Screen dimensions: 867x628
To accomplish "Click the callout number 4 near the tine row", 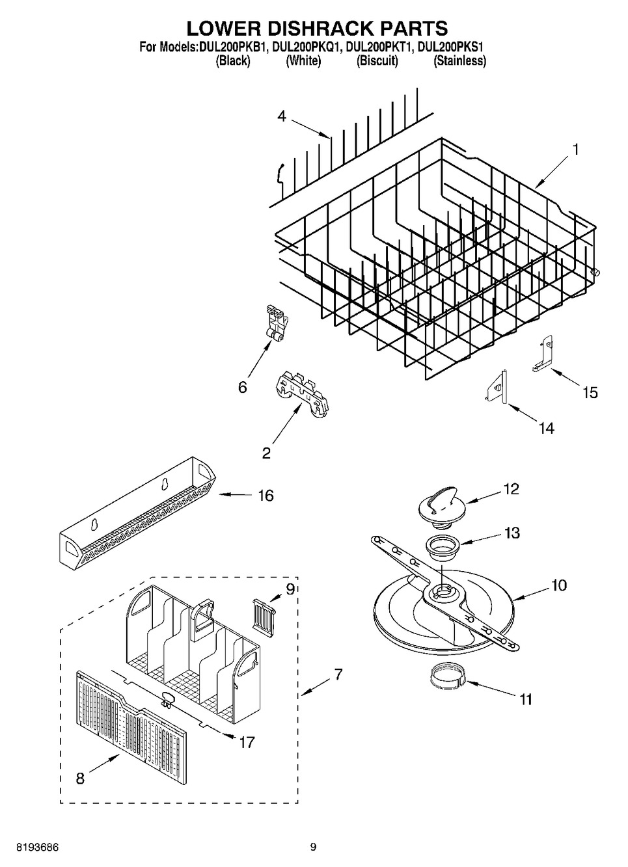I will point(281,116).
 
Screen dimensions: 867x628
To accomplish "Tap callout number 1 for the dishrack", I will point(575,149).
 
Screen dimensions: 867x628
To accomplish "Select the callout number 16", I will point(266,496).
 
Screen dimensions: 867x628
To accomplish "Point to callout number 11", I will point(526,699).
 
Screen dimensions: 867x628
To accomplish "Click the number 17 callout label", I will point(246,741).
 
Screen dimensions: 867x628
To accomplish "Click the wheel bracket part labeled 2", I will point(301,394).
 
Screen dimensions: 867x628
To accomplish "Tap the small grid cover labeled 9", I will point(262,613).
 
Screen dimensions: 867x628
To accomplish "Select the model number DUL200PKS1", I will point(452,47).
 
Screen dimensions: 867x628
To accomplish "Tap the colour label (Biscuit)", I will point(377,61).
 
